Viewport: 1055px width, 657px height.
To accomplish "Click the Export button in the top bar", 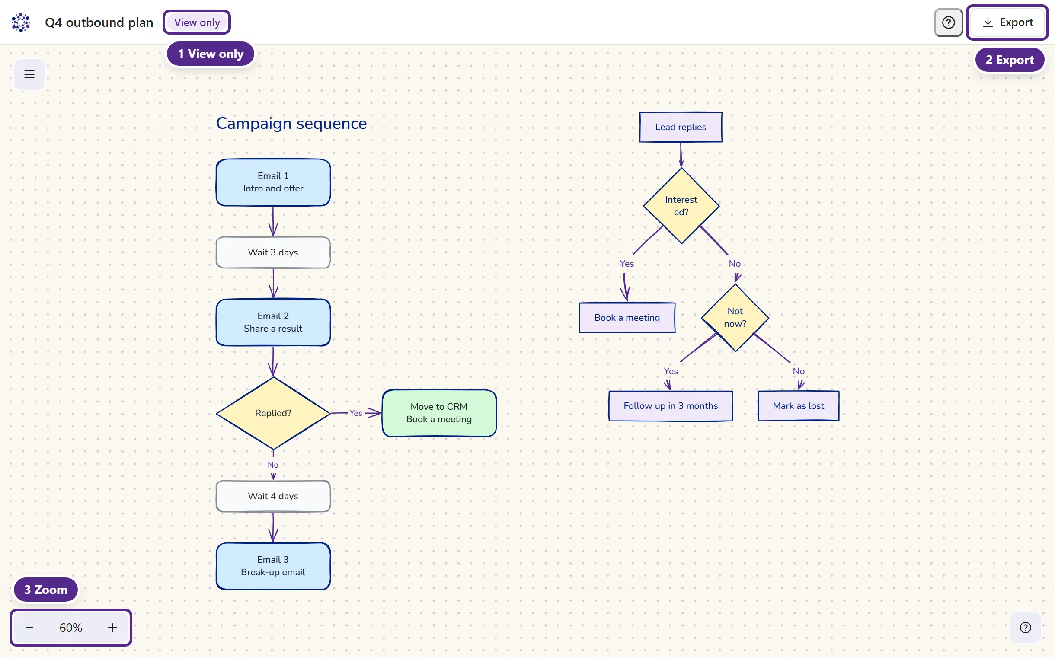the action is click(1007, 22).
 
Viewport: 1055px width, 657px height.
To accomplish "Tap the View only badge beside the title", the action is click(197, 22).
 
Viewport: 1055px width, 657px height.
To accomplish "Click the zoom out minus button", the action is click(29, 628).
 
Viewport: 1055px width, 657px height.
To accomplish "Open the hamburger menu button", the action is click(29, 74).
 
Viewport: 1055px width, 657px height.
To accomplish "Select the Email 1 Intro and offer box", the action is click(273, 182).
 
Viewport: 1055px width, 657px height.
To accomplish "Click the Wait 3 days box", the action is click(273, 252).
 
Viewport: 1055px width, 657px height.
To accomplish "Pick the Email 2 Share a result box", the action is click(273, 322).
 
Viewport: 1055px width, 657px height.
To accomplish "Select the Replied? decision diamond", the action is click(273, 413).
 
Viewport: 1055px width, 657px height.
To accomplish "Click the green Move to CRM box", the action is click(439, 413).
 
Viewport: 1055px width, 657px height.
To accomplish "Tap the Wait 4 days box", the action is click(273, 496).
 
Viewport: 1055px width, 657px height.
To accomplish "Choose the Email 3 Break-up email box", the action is click(273, 566).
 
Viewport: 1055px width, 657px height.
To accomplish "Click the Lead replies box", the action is click(681, 127).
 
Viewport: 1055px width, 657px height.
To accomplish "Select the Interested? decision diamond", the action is click(681, 206).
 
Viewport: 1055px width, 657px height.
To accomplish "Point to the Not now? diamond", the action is click(735, 318).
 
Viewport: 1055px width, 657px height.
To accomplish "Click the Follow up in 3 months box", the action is click(670, 406).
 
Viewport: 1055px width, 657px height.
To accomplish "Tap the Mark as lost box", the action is click(798, 406).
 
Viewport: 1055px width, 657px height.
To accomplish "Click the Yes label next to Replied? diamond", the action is click(355, 413).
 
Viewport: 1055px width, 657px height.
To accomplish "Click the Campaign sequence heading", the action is click(291, 124).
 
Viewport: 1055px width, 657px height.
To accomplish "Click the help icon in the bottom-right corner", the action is click(1026, 628).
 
